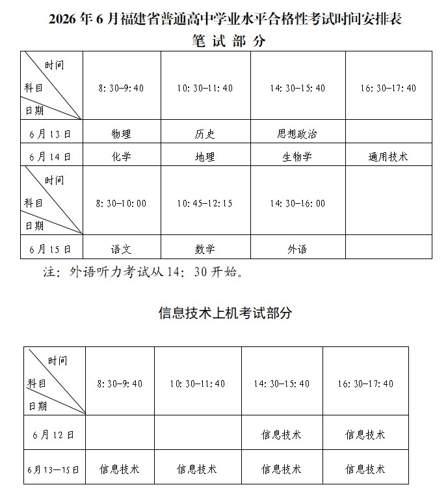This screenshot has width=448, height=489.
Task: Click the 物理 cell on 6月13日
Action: pyautogui.click(x=121, y=133)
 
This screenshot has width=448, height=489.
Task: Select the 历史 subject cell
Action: pyautogui.click(x=205, y=133)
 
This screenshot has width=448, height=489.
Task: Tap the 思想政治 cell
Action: pyautogui.click(x=297, y=133)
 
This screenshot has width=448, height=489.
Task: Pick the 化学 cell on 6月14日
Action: pyautogui.click(x=121, y=156)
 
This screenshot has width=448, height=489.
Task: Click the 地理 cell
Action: pyautogui.click(x=205, y=156)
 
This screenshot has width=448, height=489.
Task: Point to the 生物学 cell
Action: pyautogui.click(x=297, y=156)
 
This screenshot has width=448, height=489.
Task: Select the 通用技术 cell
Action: pyautogui.click(x=388, y=156)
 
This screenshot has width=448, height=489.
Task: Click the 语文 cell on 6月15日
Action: pyautogui.click(x=121, y=249)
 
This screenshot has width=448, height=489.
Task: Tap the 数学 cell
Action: pyautogui.click(x=205, y=249)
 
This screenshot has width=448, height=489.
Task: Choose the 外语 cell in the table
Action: pyautogui.click(x=297, y=249)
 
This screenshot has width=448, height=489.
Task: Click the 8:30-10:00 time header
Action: pyautogui.click(x=121, y=203)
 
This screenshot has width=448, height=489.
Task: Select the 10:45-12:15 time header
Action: pyautogui.click(x=205, y=203)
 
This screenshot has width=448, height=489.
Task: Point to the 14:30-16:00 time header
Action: pyautogui.click(x=297, y=203)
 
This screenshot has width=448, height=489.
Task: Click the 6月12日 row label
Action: pyautogui.click(x=53, y=434)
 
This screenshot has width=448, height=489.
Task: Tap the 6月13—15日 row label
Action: pyautogui.click(x=53, y=469)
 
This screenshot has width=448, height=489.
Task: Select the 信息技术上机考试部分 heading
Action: pyautogui.click(x=225, y=313)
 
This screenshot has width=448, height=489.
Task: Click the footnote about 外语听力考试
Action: pyautogui.click(x=143, y=272)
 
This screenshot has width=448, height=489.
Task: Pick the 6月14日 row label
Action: pyautogui.click(x=50, y=156)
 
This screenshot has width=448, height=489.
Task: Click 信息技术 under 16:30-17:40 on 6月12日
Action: pyautogui.click(x=365, y=434)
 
